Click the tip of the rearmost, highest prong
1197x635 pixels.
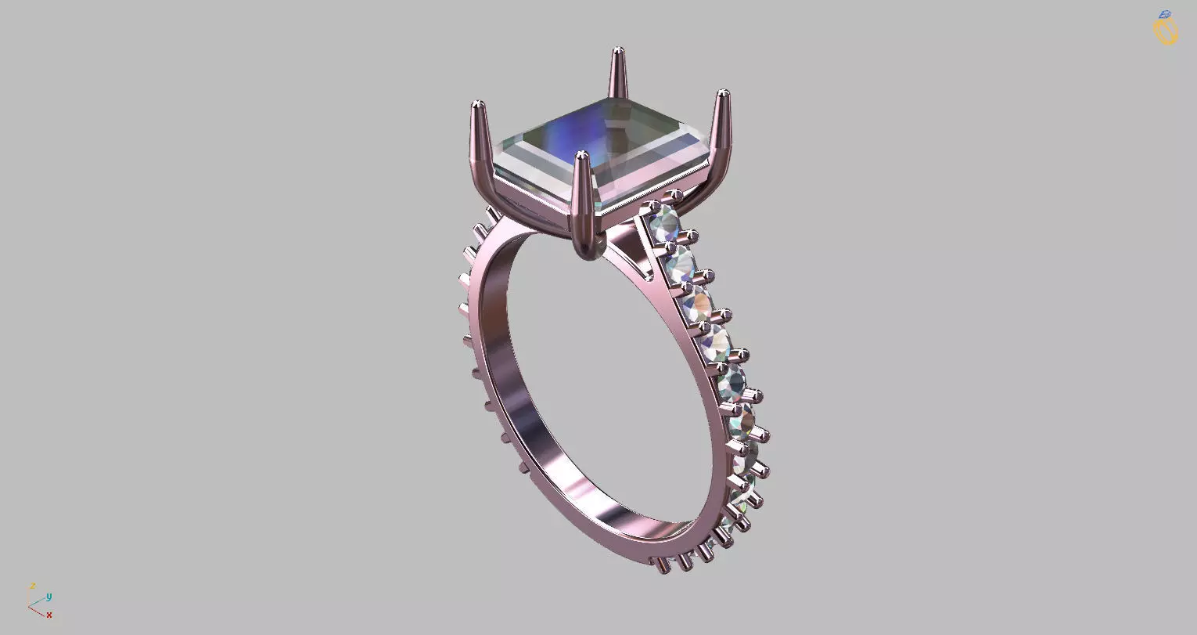click(618, 49)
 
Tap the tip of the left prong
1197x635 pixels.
click(478, 103)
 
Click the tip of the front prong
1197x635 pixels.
click(581, 154)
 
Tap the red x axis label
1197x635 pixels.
click(49, 615)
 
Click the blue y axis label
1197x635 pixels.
click(49, 597)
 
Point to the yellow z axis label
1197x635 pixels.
click(33, 586)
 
